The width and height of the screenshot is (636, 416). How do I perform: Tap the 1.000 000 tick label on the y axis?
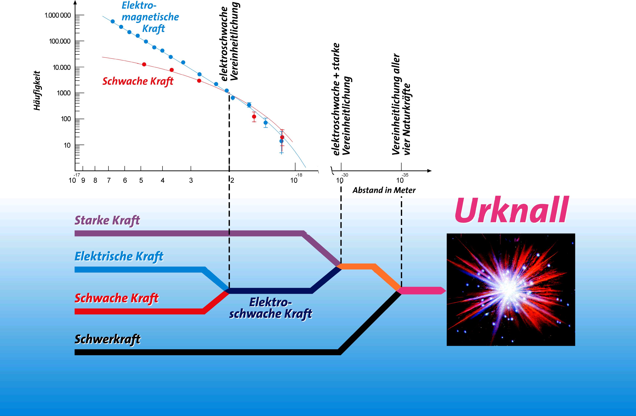[x=58, y=15]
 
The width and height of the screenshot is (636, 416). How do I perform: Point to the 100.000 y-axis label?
[x=60, y=41]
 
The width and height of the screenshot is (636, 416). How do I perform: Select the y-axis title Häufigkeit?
[x=37, y=90]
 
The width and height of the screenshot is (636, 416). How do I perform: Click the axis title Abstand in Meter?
[x=384, y=190]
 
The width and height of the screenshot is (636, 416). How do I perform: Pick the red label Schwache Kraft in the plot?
[x=138, y=81]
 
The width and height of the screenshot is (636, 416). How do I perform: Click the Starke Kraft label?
[x=107, y=221]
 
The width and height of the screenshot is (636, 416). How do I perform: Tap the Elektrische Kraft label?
[x=119, y=256]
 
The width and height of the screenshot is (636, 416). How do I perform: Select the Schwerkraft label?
[x=107, y=339]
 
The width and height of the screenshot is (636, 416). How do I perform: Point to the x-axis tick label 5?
[x=141, y=180]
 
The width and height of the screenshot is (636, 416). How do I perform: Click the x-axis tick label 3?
[x=191, y=180]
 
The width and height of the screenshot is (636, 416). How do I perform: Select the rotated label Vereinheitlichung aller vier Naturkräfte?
[x=401, y=104]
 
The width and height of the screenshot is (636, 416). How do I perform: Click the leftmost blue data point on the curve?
[x=113, y=21]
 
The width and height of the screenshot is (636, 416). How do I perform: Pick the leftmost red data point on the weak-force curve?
[x=144, y=64]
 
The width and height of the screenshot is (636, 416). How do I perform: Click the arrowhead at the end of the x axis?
[x=429, y=171]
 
